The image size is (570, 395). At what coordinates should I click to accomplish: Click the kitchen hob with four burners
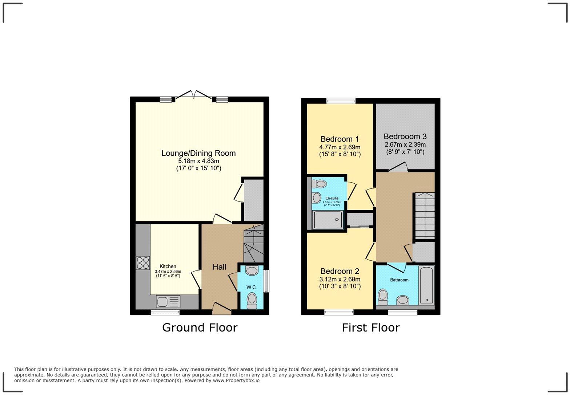[143, 263]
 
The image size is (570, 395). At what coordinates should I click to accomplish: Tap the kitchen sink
[168, 302]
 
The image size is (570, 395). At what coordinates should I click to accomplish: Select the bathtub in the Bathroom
[426, 285]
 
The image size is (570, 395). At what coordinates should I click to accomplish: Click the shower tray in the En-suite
[328, 220]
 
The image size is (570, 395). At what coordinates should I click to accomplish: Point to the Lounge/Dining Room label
[198, 153]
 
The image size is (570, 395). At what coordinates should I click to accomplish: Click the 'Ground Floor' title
[200, 327]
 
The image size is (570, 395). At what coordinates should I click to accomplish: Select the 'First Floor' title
[370, 327]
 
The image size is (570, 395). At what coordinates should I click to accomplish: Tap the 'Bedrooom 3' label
[405, 137]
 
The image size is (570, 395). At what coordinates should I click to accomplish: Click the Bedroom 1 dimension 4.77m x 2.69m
[340, 147]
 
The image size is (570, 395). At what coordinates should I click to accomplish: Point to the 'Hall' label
[219, 267]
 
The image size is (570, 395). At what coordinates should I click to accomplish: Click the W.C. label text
[252, 287]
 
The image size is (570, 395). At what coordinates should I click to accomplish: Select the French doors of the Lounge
[194, 95]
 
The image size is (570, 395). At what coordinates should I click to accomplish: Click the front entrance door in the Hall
[221, 309]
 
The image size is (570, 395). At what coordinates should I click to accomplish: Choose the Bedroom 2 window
[339, 311]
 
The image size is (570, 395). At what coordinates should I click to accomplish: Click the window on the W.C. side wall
[266, 281]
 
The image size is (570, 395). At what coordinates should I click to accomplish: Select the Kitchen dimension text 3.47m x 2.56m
[168, 271]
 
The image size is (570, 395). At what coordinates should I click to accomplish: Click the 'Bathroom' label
[399, 280]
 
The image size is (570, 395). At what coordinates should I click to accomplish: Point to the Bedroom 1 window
[341, 101]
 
